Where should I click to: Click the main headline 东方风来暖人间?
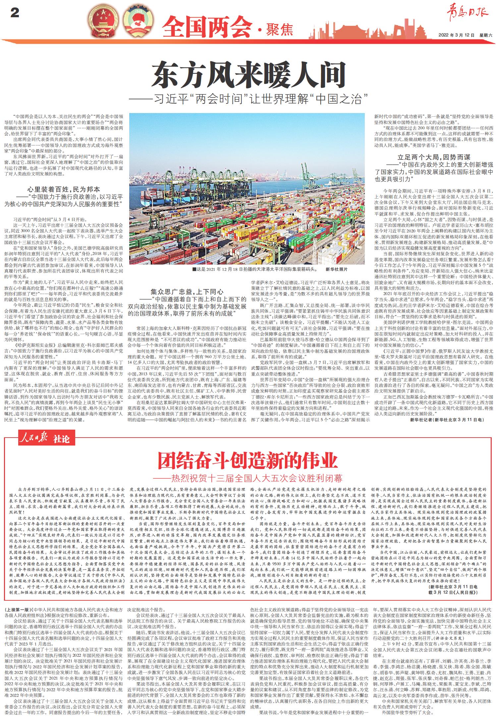click(248, 75)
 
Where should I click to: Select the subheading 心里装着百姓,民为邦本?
click(63, 190)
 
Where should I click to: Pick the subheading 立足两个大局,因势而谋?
click(434, 157)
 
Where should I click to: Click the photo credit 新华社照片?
click(337, 269)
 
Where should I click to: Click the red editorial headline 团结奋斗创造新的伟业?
click(248, 460)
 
